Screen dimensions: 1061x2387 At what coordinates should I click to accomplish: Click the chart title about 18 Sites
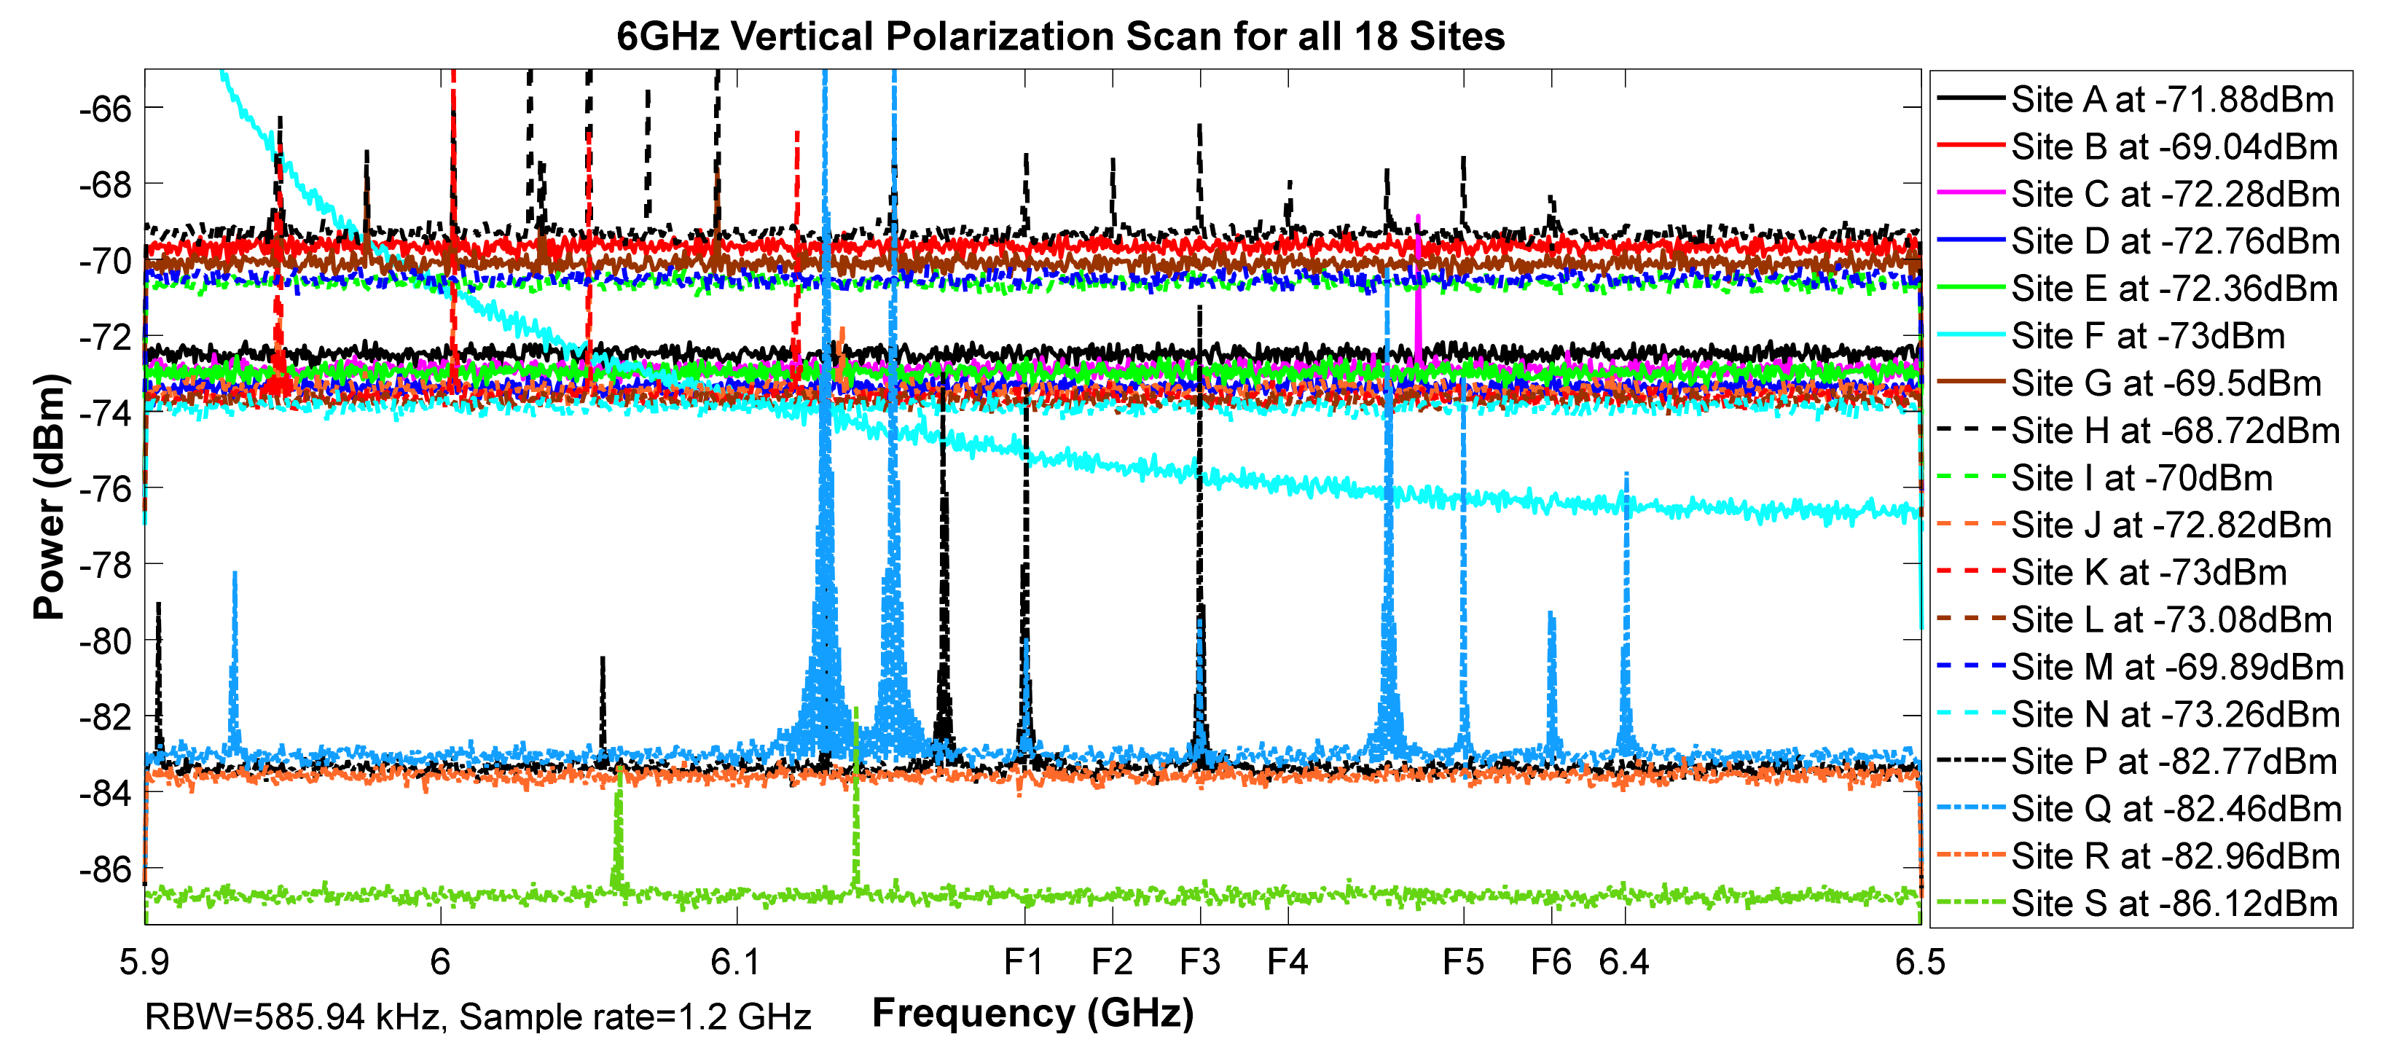point(1060,37)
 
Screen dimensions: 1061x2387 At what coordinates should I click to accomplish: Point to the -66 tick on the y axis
point(106,109)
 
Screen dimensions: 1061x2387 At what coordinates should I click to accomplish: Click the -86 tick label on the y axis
point(106,869)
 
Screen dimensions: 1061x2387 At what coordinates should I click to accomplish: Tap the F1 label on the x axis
point(1024,963)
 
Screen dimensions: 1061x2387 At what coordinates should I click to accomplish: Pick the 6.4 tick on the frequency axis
point(1623,963)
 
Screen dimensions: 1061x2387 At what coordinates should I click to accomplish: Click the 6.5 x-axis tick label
point(1920,963)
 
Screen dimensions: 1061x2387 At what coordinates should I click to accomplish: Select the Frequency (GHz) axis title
point(1032,1013)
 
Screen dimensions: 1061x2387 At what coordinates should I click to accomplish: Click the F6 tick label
point(1551,963)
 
